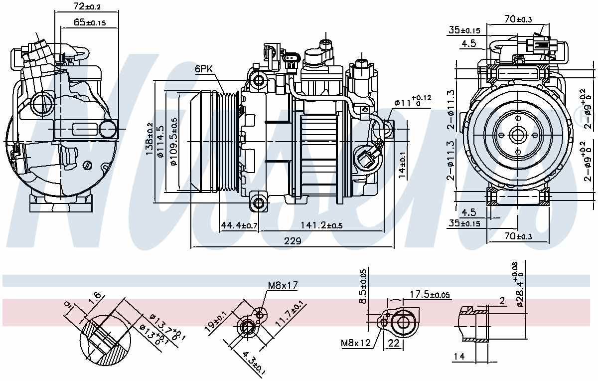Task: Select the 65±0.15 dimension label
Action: pyautogui.click(x=90, y=22)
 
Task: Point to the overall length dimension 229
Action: pyautogui.click(x=293, y=241)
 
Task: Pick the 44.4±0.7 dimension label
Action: pyautogui.click(x=239, y=226)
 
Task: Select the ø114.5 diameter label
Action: pyautogui.click(x=160, y=141)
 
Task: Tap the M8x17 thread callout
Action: pyautogui.click(x=282, y=285)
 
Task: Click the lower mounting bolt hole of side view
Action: pyautogui.click(x=258, y=202)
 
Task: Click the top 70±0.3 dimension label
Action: pyautogui.click(x=518, y=19)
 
